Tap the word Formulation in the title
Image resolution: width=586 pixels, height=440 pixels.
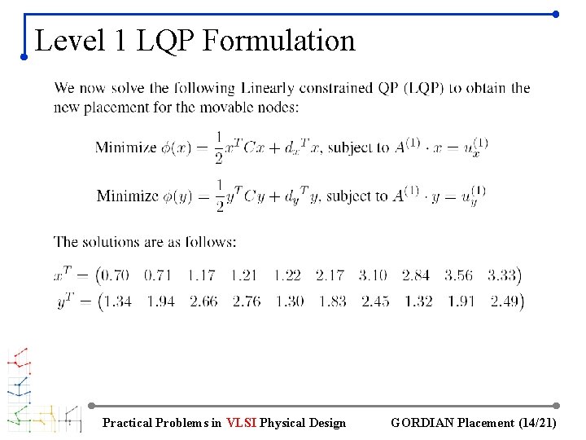tap(278, 40)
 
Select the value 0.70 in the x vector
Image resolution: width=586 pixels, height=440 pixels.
tap(115, 275)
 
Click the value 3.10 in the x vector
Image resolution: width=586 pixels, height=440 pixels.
tap(372, 275)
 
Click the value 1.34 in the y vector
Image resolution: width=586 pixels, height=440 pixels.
tap(118, 301)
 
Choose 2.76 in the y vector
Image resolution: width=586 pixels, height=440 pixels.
tap(247, 301)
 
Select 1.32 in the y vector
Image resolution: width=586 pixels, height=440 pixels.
tap(418, 301)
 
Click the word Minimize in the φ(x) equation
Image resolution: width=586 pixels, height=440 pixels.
tap(125, 147)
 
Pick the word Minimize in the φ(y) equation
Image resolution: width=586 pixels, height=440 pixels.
tap(127, 196)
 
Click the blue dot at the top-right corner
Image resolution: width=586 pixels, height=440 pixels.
tap(555, 14)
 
